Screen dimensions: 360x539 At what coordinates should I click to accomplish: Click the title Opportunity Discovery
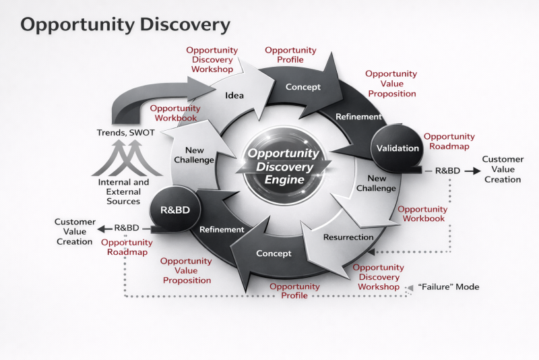(125, 25)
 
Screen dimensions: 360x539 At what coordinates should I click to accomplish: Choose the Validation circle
(398, 148)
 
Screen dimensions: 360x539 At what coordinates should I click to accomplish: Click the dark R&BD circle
(175, 210)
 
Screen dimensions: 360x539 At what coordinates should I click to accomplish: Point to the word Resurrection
(348, 237)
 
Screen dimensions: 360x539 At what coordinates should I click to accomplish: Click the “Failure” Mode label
(449, 287)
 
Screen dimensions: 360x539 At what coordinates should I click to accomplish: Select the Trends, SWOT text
(126, 132)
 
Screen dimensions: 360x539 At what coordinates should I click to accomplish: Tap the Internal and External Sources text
(123, 191)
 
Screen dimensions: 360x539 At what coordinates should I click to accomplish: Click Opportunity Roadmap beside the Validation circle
(449, 141)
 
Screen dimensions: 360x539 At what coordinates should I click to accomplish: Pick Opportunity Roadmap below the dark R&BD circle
(127, 247)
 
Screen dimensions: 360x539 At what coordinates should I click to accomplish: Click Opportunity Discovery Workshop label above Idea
(212, 60)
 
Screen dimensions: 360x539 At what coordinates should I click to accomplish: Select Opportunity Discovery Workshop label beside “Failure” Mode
(379, 277)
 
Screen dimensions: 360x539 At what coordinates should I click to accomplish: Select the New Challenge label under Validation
(377, 183)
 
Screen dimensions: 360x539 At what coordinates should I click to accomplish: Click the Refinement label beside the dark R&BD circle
(221, 229)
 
